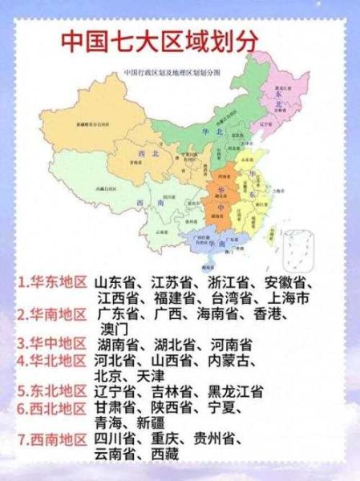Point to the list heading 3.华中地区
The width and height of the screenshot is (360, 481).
click(54, 343)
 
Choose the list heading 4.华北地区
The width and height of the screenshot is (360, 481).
click(54, 359)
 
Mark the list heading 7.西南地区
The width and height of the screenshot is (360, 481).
click(54, 439)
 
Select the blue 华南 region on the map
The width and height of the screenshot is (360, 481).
click(210, 239)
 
